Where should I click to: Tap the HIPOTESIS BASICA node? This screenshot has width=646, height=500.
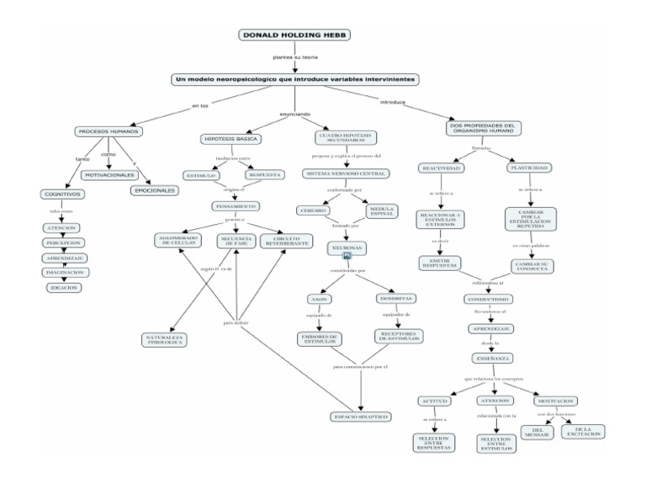point(230,138)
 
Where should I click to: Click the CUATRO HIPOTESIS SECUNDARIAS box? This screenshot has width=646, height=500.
point(346,137)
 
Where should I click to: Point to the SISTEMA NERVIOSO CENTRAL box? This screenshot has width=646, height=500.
point(346,173)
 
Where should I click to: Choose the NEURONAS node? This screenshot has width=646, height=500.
point(346,249)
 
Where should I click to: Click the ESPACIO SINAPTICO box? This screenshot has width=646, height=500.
point(362,416)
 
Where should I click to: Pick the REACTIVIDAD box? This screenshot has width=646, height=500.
point(440,168)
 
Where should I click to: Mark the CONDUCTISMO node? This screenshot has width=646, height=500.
point(487,299)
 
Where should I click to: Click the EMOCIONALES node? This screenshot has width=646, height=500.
point(155,190)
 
